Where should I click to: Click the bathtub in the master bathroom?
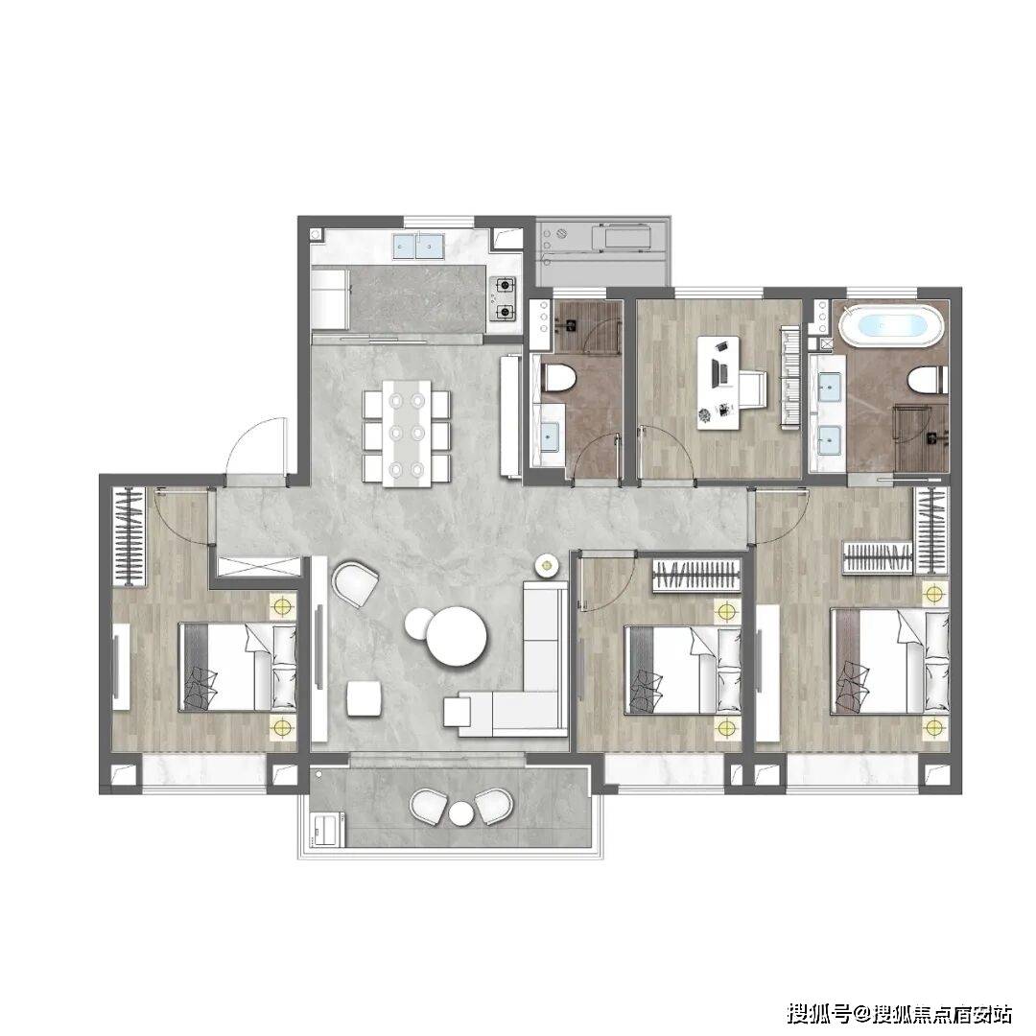891,325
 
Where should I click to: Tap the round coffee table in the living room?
456,636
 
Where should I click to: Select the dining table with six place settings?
407,433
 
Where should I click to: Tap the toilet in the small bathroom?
559,379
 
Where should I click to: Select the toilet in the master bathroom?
929,381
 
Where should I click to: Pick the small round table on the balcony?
461,812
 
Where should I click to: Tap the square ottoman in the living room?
365,698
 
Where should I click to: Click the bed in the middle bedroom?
683,670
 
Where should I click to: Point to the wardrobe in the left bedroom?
129,536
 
